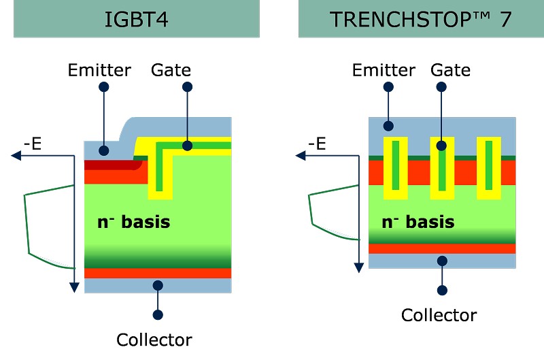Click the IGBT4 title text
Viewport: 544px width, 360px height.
137,19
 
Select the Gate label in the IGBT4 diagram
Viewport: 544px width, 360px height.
171,70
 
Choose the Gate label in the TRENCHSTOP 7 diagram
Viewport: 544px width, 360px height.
450,70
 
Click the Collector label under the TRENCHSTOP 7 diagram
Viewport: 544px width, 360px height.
439,315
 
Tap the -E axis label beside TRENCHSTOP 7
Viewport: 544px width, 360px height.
318,144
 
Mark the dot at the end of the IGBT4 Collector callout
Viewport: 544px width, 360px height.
158,314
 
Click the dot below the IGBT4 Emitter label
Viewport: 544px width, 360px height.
104,87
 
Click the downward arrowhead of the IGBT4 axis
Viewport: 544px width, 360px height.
74,287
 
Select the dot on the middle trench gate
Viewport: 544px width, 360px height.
441,145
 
